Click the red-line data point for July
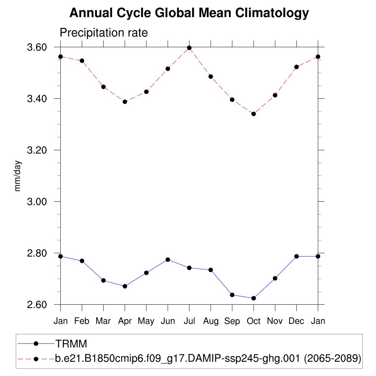[x=189, y=48]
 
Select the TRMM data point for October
[x=253, y=298]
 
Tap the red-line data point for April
[x=125, y=102]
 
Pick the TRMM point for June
[x=168, y=260]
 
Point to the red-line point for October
[x=253, y=114]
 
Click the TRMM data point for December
[x=296, y=256]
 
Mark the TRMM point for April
[x=125, y=286]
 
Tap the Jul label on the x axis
[x=189, y=321]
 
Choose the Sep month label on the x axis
[x=232, y=321]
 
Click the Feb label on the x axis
[x=82, y=321]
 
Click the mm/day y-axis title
[x=18, y=176]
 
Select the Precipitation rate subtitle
[x=104, y=33]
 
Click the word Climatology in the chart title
[x=272, y=13]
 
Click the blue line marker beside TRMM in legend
[x=36, y=344]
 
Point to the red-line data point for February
[x=82, y=61]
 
